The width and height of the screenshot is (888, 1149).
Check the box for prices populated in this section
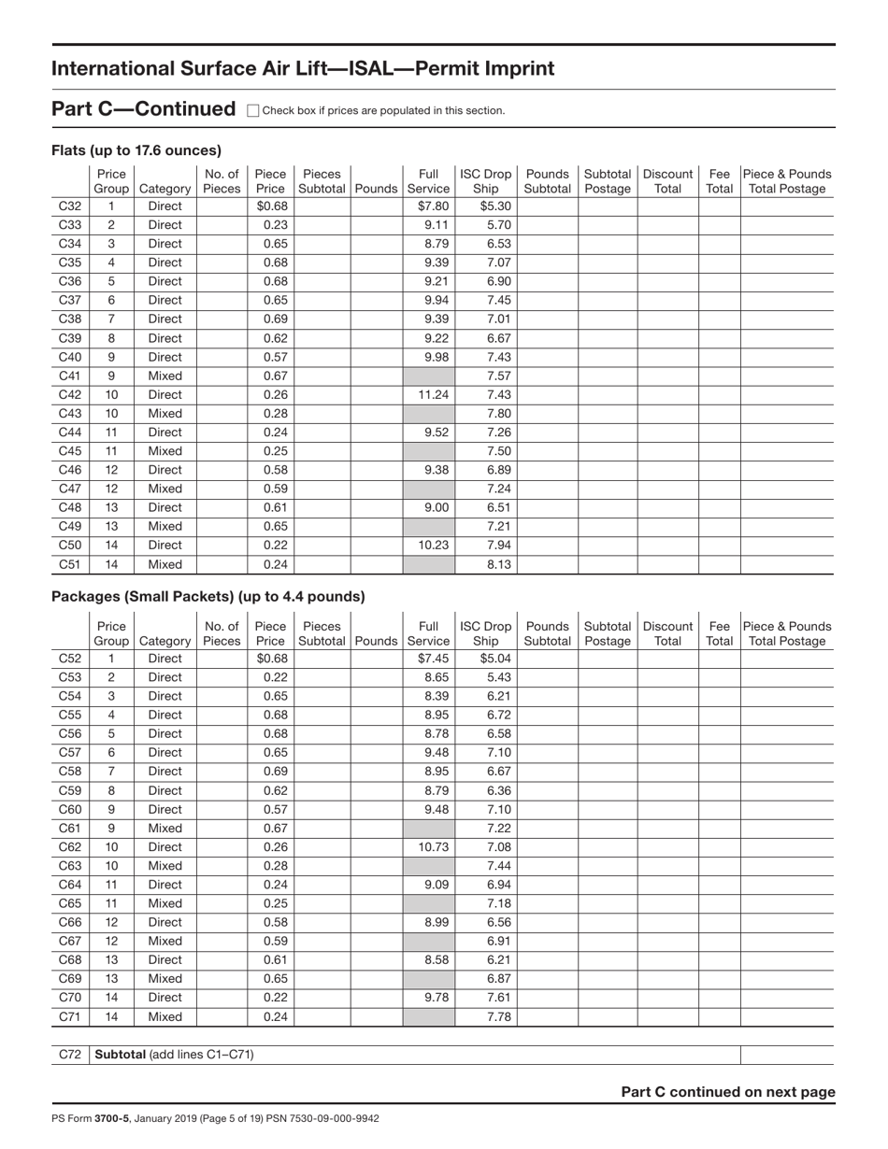252,110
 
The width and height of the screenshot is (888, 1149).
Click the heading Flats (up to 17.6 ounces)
136,150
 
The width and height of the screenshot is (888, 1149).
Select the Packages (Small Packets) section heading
208,596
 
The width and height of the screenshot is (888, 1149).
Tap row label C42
70,394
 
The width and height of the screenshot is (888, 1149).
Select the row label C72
70,1055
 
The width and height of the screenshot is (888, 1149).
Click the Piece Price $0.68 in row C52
270,659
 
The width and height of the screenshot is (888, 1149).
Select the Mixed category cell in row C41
165,376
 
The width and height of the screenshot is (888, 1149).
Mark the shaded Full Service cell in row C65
429,903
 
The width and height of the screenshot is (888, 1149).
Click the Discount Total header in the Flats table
667,181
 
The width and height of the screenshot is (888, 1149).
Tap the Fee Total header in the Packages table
719,633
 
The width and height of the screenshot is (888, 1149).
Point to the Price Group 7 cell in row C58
111,772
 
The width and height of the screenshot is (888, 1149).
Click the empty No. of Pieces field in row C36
222,281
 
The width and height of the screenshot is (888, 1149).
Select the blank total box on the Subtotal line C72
786,1055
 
